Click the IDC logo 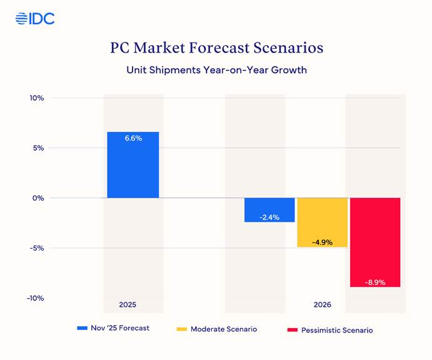[35, 19]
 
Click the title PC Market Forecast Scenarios [216, 48]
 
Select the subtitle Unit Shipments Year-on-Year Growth [216, 70]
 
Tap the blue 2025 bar [133, 165]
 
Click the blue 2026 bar [269, 209]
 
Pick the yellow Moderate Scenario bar [322, 222]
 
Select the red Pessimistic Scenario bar [375, 242]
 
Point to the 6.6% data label [133, 139]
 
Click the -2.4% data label [269, 217]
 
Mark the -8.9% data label [375, 282]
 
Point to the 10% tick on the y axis [36, 98]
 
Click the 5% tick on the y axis [37, 148]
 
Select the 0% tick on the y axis [37, 198]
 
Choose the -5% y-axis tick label [36, 248]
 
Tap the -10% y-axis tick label [35, 298]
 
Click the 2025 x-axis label [128, 305]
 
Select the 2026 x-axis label [323, 305]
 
